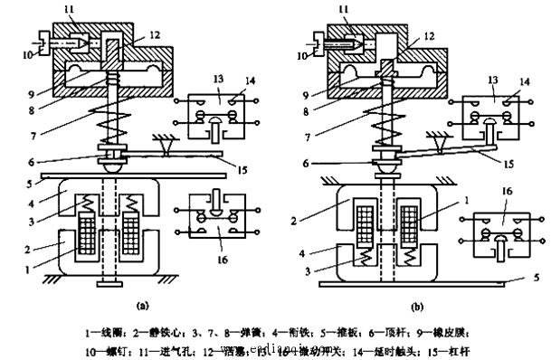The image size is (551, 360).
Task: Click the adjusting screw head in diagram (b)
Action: [x=314, y=41]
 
